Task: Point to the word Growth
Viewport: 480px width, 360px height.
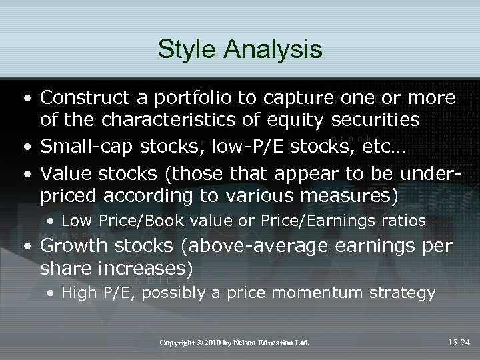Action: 74,246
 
